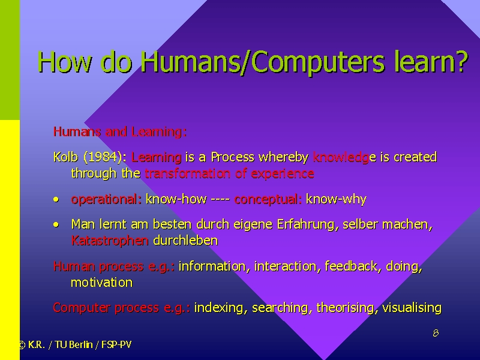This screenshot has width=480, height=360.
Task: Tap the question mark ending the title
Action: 461,61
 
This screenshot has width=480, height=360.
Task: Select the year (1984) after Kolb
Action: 103,157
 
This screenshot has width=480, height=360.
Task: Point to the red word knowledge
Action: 341,157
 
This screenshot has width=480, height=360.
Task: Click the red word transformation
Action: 187,173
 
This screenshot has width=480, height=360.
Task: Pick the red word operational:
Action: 106,200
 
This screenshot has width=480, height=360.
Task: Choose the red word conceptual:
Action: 268,200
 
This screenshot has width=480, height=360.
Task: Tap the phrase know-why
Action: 336,200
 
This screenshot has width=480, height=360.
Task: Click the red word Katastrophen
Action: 110,241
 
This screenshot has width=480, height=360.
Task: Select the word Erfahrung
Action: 307,224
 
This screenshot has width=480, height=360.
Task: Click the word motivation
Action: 101,282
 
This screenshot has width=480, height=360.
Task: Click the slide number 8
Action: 436,333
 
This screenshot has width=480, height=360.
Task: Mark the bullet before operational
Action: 56,200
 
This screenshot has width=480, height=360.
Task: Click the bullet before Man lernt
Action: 56,224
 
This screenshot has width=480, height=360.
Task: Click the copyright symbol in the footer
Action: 22,345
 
